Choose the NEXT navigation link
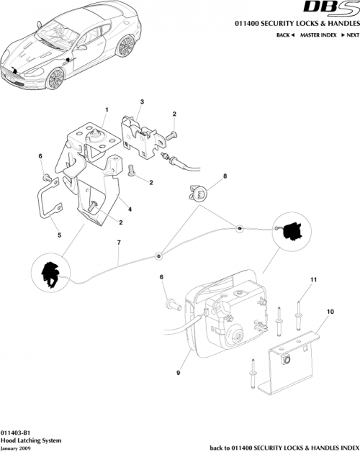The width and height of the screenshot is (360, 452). pyautogui.click(x=349, y=35)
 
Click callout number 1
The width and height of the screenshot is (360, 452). pyautogui.click(x=105, y=110)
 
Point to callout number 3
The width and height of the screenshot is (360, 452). pyautogui.click(x=143, y=102)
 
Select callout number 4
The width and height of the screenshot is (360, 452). pyautogui.click(x=130, y=210)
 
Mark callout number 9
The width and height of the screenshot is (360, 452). pyautogui.click(x=178, y=373)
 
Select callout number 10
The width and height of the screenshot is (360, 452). pyautogui.click(x=330, y=312)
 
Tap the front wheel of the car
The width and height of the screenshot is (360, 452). pyautogui.click(x=53, y=78)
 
